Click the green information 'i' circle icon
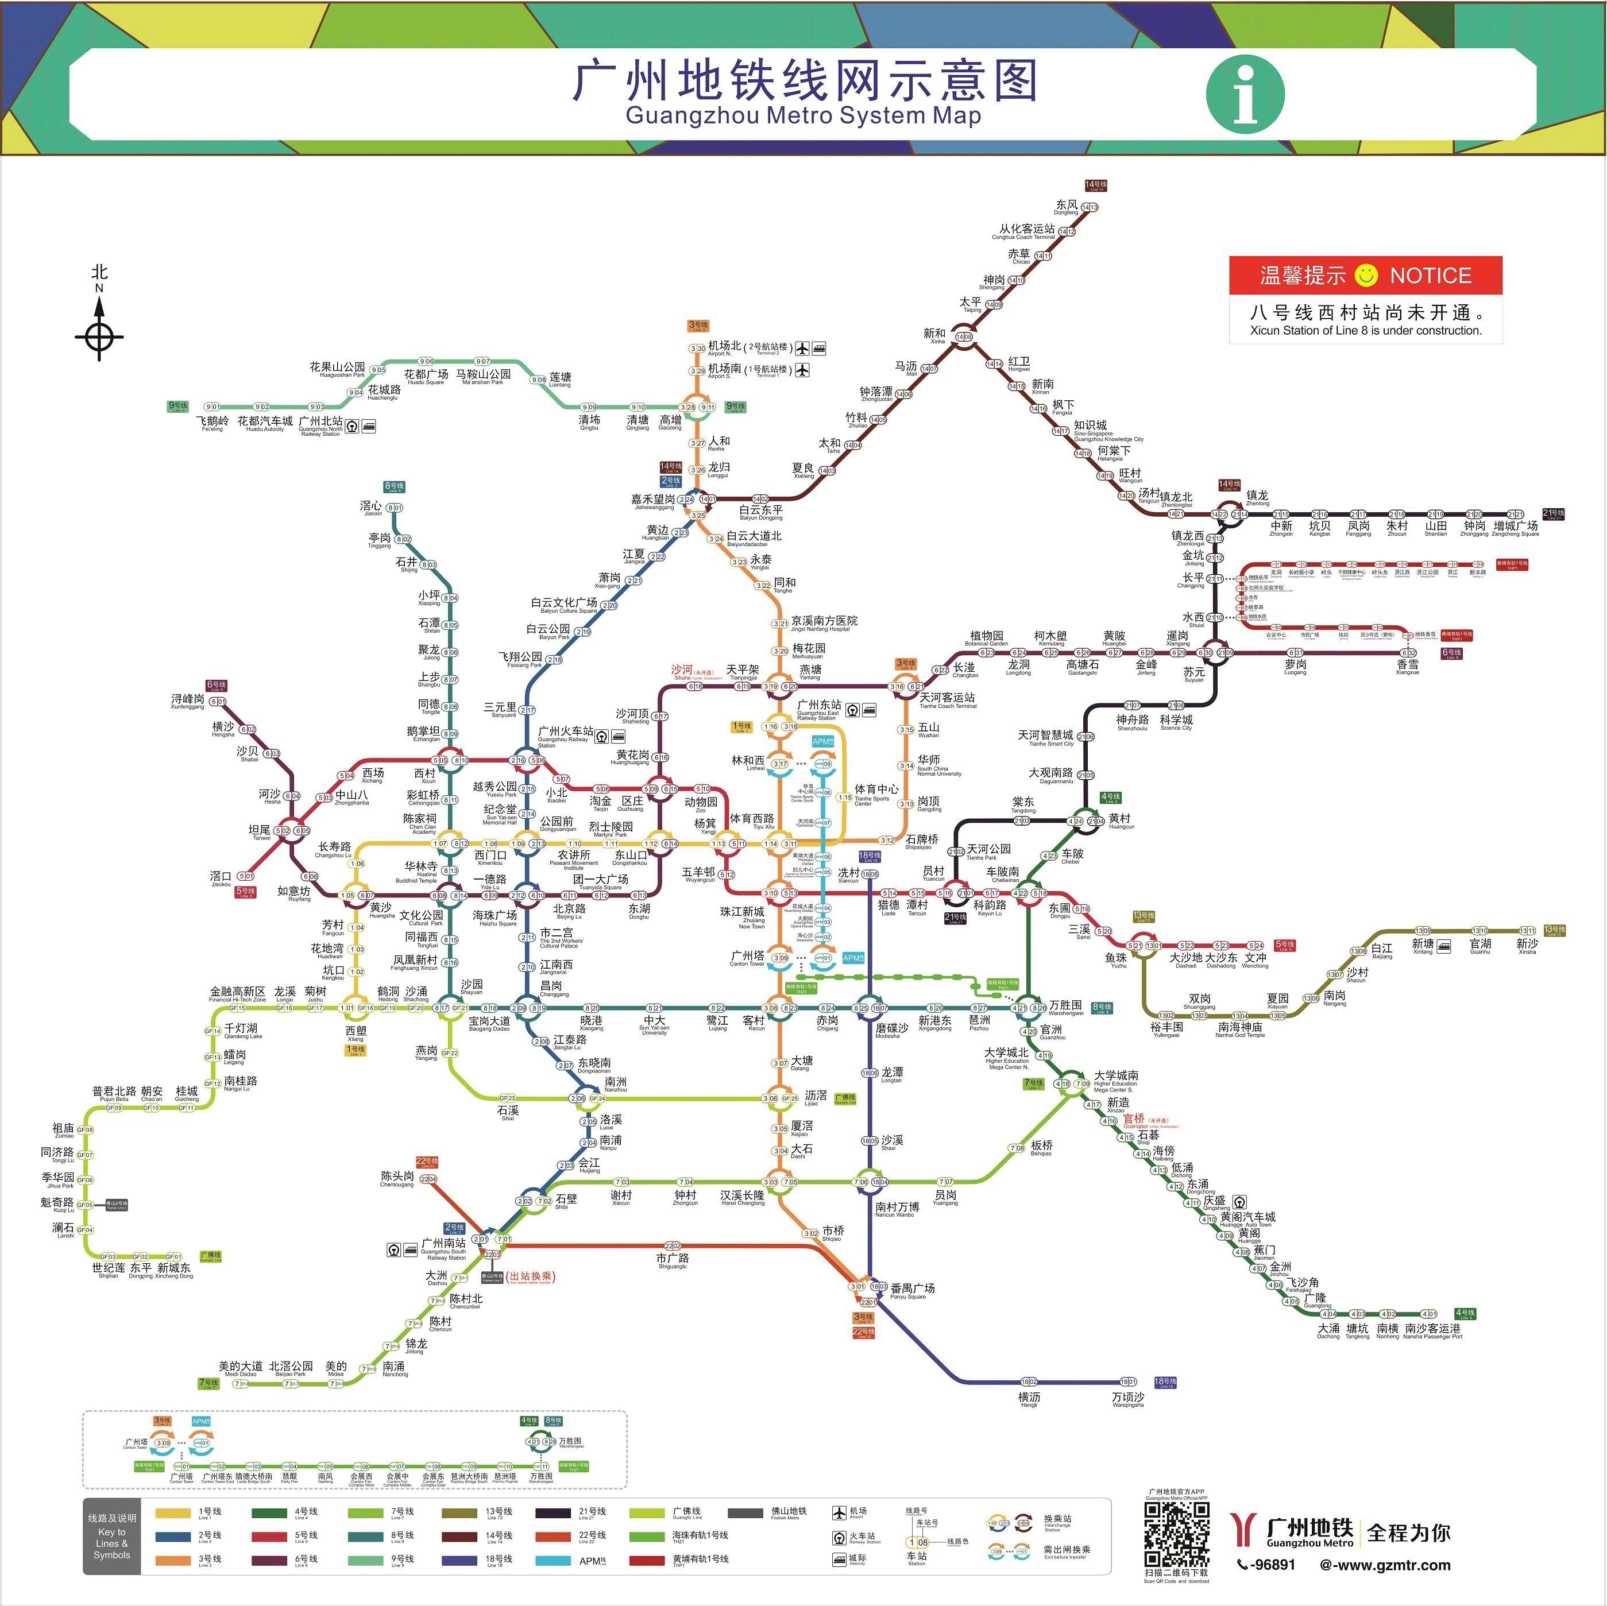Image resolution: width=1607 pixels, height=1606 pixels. (x=1245, y=94)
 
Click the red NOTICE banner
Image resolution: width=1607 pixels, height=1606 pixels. (x=1365, y=275)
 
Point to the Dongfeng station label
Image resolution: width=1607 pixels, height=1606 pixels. (x=1067, y=206)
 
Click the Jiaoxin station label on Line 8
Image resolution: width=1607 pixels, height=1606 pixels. (x=372, y=508)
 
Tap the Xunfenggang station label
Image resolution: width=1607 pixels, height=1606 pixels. (x=187, y=701)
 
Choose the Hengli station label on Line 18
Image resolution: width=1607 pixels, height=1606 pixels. (x=1029, y=1399)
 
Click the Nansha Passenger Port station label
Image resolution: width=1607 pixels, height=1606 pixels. (x=1432, y=1331)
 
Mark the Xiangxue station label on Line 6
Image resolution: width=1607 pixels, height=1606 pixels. (x=1407, y=666)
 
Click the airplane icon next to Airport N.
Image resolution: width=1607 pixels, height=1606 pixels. (x=802, y=349)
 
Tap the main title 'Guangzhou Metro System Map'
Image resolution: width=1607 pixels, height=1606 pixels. (x=803, y=115)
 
